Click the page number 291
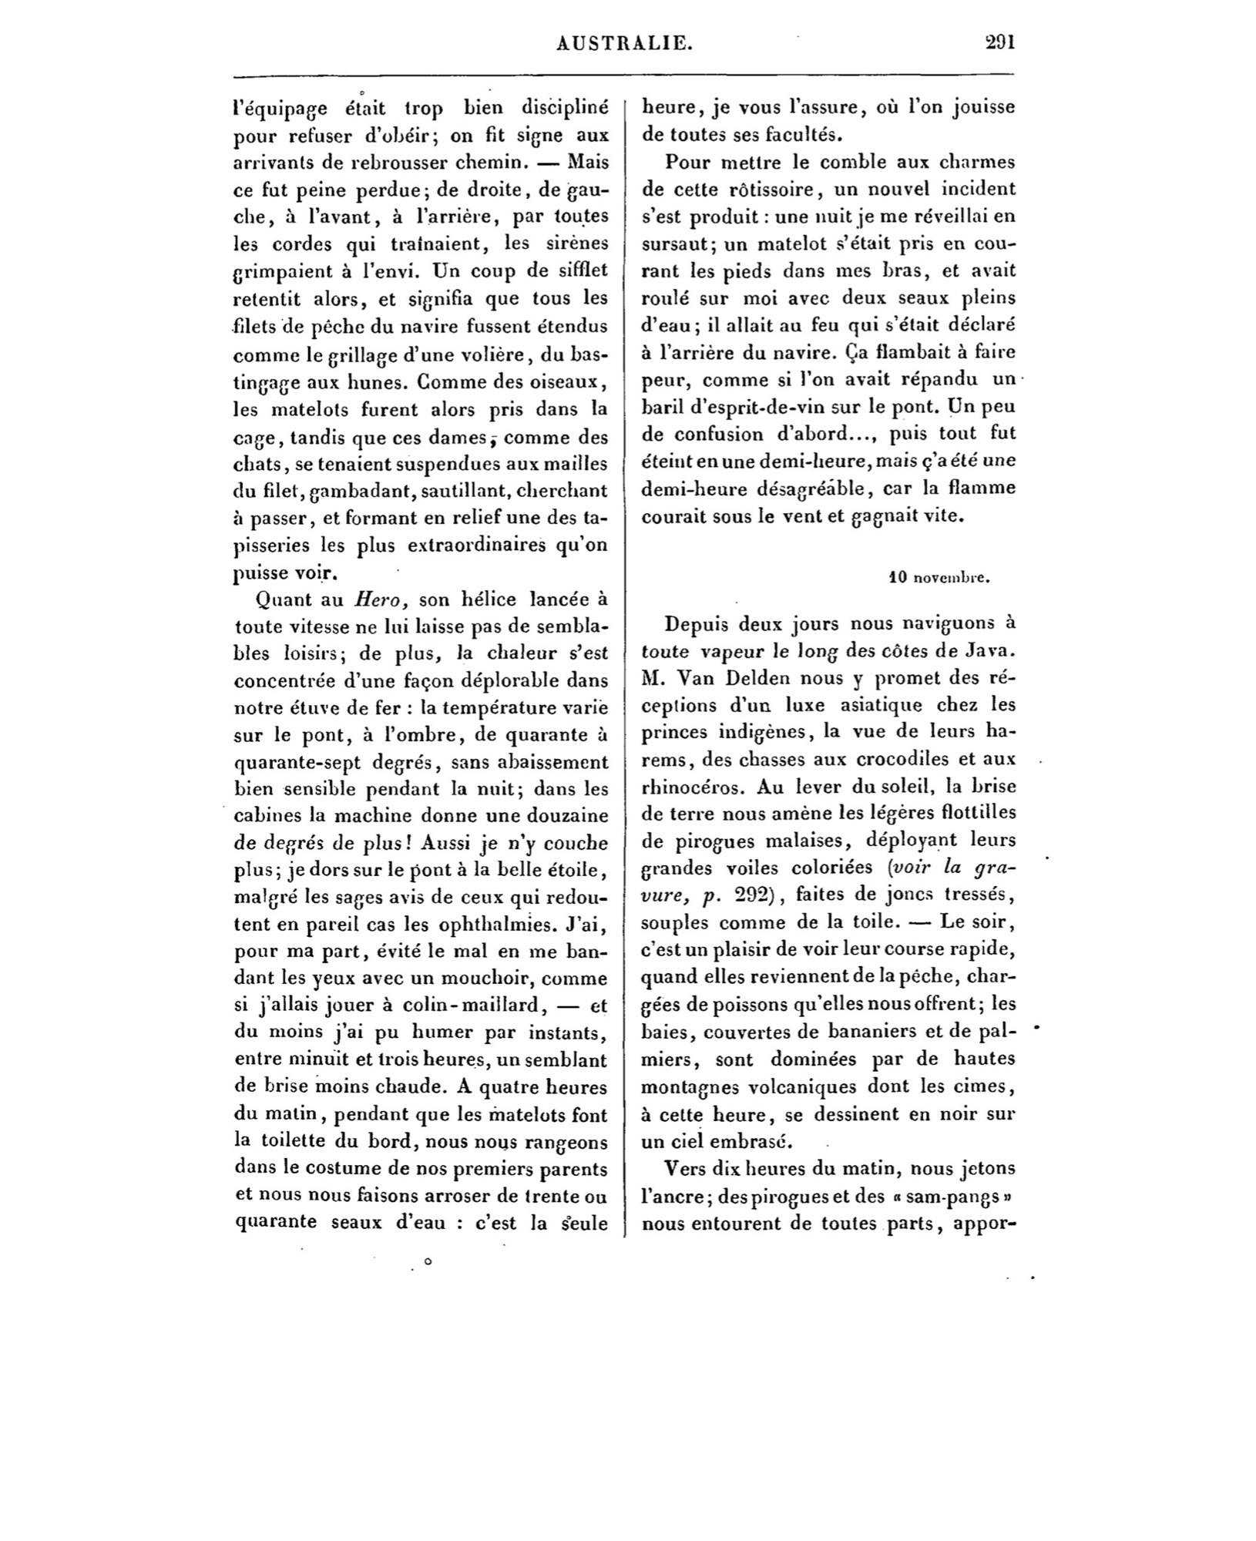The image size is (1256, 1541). [1000, 42]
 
